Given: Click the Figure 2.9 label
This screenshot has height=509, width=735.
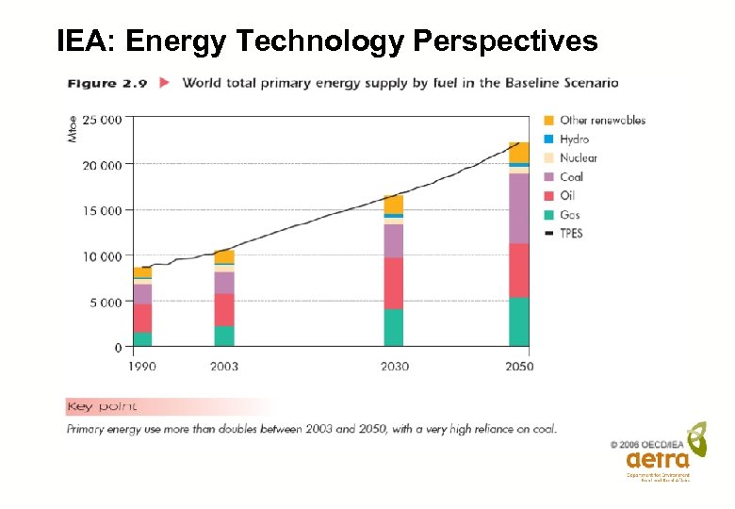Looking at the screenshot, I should coord(106,83).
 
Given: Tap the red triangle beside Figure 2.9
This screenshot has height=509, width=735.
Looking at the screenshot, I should coord(165,83).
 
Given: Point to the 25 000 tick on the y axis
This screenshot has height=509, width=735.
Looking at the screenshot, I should coord(102,120).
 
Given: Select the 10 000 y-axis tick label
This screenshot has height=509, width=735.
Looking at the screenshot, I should coord(102,256).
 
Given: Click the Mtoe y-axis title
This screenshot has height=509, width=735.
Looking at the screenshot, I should coord(73,130).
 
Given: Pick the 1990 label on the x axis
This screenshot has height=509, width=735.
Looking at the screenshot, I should coord(141,366).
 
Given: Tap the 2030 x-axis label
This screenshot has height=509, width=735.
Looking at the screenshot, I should coord(393,366).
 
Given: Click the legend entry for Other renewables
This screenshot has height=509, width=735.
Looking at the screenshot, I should coord(601,120).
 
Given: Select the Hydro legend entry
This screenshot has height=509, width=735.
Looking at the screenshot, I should coord(574,139).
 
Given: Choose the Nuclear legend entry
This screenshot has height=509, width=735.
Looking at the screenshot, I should coord(578,157).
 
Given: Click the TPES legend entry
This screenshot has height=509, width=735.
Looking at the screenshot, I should coord(571,233).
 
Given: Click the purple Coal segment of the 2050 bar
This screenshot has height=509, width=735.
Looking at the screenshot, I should coord(518,208).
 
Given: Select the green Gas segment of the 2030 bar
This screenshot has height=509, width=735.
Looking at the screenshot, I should coord(393,327).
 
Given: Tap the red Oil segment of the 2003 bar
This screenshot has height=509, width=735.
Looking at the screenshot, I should coord(224,309).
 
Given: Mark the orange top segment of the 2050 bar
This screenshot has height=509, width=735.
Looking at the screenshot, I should coord(518,152).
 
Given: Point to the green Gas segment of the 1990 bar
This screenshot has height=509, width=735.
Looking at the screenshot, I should coord(141,338).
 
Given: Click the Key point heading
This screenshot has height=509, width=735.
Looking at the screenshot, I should coord(102,406).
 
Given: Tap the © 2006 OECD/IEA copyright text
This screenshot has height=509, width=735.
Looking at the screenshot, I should coord(649,443).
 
